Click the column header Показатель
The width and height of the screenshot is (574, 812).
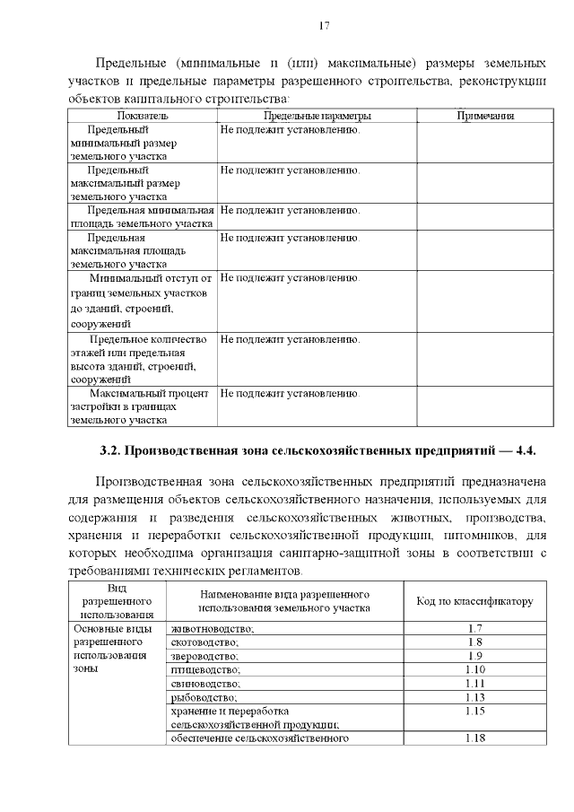tap(143, 116)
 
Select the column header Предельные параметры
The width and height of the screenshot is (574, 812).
tap(317, 116)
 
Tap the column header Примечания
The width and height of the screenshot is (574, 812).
tap(484, 116)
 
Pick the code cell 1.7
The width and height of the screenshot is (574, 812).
tap(475, 628)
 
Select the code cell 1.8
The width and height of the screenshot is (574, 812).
tap(475, 642)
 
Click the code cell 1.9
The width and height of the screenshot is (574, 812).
tap(475, 656)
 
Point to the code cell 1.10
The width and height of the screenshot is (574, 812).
tap(475, 669)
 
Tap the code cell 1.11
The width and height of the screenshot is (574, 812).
tap(475, 683)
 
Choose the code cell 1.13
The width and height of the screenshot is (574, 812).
tap(475, 697)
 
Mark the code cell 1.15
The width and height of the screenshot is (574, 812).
tap(475, 711)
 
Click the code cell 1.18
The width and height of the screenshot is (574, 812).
tap(475, 738)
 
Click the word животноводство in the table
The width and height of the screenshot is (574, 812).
tap(213, 628)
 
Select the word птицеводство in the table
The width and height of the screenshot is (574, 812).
tap(205, 669)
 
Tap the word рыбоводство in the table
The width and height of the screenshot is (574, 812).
tap(204, 697)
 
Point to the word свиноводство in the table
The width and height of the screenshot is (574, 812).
tap(205, 683)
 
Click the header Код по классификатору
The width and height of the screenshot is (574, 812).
tap(475, 600)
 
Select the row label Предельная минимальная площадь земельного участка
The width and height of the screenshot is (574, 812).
tap(142, 216)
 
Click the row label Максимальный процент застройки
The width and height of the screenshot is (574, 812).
tap(142, 406)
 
